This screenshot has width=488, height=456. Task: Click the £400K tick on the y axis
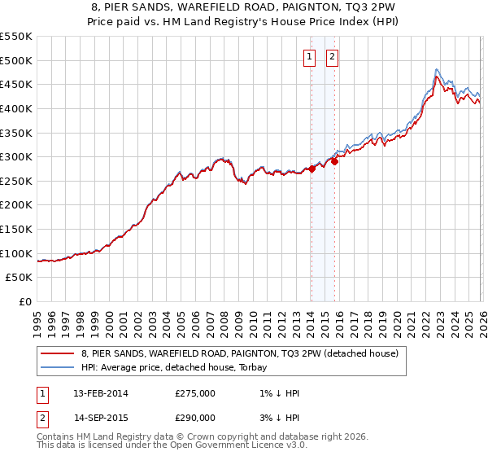16,108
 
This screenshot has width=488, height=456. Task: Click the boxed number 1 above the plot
311,56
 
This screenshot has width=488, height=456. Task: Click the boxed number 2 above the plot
333,56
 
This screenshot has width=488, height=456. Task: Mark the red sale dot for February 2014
312,169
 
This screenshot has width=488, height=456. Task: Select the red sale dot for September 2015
334,162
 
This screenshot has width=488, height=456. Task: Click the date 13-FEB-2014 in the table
101,393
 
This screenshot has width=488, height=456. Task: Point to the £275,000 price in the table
195,393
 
